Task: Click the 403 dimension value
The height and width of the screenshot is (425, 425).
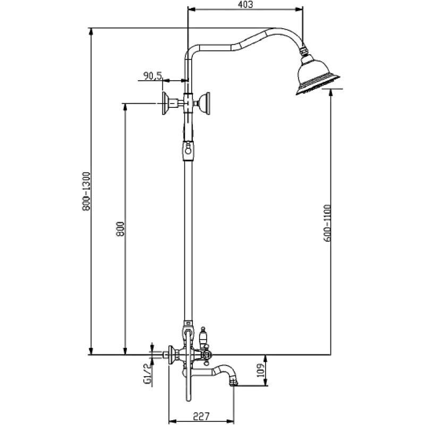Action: point(246,5)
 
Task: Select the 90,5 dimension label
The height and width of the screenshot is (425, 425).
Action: point(152,75)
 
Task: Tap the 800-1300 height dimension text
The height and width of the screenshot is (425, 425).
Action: point(87,191)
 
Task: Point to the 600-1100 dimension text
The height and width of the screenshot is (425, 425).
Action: point(327,223)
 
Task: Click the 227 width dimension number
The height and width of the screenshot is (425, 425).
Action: point(201,416)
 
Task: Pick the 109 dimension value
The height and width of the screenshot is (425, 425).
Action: point(260,370)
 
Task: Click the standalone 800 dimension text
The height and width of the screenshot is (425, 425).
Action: point(120,229)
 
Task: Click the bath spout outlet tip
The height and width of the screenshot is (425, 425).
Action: point(233,382)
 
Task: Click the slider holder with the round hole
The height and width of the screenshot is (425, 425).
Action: point(188,150)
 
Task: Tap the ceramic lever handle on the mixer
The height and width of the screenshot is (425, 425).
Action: point(202,336)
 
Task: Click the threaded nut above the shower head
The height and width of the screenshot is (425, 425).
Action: point(304,50)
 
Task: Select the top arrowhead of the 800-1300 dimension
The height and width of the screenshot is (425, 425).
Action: point(91,31)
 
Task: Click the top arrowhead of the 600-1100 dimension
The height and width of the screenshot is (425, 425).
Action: point(330,92)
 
